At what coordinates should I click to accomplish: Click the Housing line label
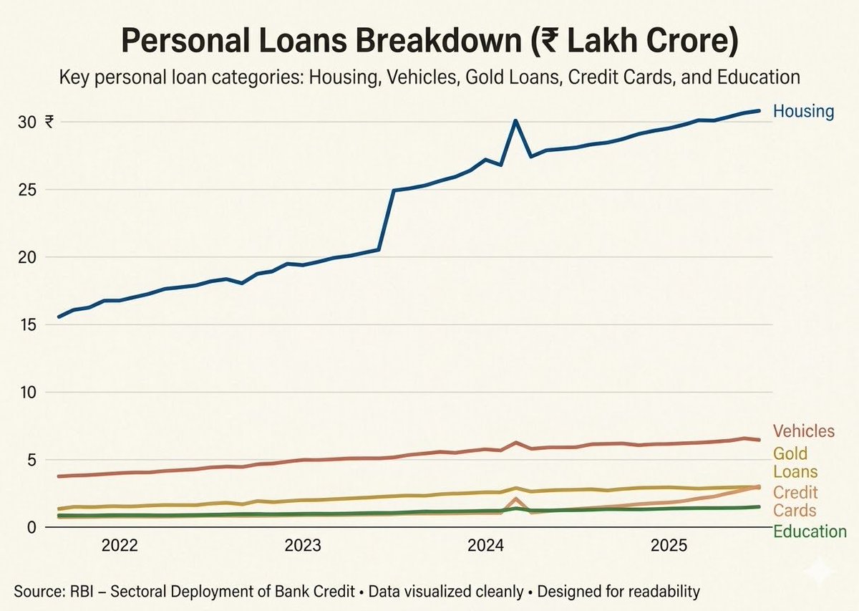(x=803, y=112)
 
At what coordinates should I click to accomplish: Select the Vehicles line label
(x=803, y=431)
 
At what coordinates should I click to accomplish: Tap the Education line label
(x=810, y=531)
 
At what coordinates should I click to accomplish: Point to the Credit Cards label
(x=795, y=501)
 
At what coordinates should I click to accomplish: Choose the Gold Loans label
(x=795, y=463)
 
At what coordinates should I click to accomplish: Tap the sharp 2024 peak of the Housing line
(x=515, y=121)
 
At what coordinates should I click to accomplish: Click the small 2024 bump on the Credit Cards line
(x=516, y=499)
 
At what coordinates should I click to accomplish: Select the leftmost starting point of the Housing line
(x=59, y=317)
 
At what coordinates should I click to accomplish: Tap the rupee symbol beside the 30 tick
(x=49, y=122)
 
